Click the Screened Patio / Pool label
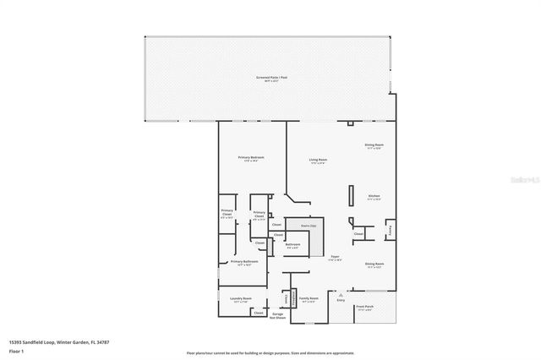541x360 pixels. pyautogui.click(x=268, y=78)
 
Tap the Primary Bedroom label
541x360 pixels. pyautogui.click(x=251, y=158)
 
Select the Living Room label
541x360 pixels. pyautogui.click(x=318, y=160)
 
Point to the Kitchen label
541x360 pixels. pyautogui.click(x=374, y=197)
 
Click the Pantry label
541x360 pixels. pyautogui.click(x=390, y=229)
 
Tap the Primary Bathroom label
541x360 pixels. pyautogui.click(x=244, y=263)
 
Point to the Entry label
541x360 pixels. pyautogui.click(x=342, y=299)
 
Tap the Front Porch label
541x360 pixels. pyautogui.click(x=365, y=307)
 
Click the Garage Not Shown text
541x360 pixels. pyautogui.click(x=277, y=316)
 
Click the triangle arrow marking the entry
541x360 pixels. pyautogui.click(x=342, y=293)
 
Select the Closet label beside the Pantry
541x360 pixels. pyautogui.click(x=359, y=233)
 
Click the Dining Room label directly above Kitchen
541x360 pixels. pyautogui.click(x=374, y=146)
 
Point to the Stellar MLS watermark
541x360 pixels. pyautogui.click(x=524, y=180)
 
